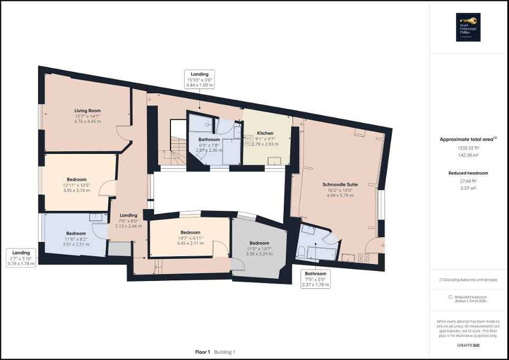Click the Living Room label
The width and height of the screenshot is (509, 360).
(87, 111)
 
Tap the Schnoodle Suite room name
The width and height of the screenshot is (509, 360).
(340, 184)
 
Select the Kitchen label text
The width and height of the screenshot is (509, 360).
(265, 133)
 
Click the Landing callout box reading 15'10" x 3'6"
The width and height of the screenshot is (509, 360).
(199, 79)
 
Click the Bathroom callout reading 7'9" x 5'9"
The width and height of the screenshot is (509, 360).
(315, 279)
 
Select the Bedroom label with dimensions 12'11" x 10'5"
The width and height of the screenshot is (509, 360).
(76, 179)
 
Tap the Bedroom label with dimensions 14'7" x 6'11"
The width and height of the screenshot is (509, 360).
(190, 232)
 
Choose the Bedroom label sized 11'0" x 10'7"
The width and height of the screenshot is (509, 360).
(259, 243)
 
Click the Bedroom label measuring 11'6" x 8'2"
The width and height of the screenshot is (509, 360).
(76, 233)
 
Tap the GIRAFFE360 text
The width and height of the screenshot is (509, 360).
(469, 345)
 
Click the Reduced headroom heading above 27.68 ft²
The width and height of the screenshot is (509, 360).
(468, 173)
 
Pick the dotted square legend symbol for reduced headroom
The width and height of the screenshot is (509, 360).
(450, 297)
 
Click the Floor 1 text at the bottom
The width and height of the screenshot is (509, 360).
(203, 352)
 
